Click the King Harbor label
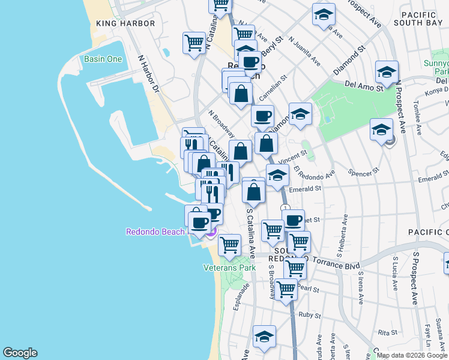(125, 23)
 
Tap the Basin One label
(103, 59)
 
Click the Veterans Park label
(230, 268)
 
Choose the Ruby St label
(310, 314)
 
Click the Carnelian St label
(274, 87)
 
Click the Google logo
(20, 353)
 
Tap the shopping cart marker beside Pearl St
(286, 289)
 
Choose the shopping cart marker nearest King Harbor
(194, 43)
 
